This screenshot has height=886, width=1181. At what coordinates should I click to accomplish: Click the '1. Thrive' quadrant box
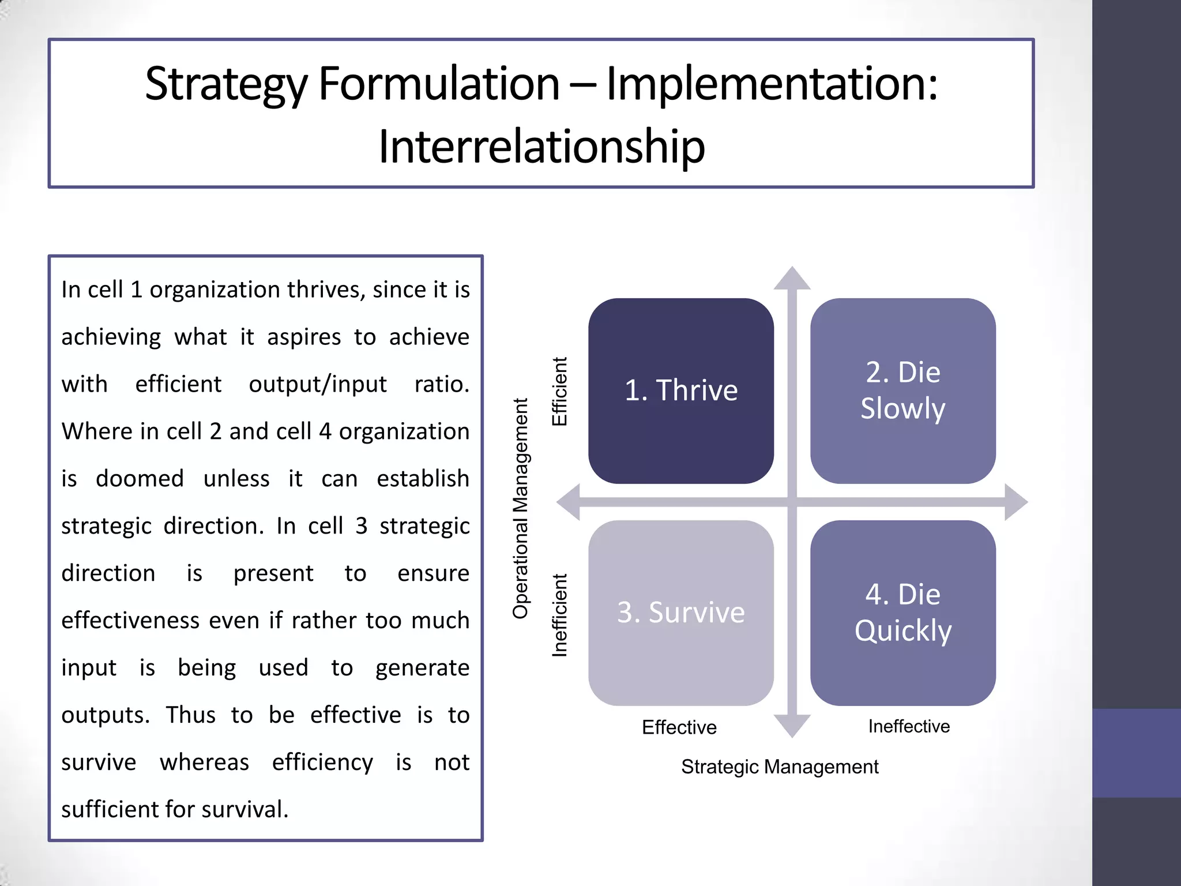(x=680, y=391)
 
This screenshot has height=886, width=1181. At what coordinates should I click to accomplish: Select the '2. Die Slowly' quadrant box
(x=902, y=391)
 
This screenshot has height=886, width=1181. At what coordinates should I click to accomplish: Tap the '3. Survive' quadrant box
(x=680, y=613)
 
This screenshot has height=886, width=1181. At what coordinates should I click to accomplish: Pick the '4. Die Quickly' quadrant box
(x=902, y=613)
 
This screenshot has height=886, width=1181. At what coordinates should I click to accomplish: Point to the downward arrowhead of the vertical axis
(x=792, y=725)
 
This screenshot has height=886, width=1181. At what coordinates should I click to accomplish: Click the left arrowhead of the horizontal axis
(x=569, y=502)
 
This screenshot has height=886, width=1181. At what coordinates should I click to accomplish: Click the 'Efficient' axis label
(x=559, y=391)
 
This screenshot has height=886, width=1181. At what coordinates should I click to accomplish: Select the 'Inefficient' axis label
(x=559, y=615)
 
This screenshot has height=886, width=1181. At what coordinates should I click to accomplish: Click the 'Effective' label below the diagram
(x=679, y=727)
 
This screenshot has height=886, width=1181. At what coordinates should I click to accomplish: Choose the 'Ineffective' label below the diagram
(x=909, y=726)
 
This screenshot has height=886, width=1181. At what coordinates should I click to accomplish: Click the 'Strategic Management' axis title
(x=780, y=767)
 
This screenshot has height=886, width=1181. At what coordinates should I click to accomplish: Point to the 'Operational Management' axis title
(x=520, y=508)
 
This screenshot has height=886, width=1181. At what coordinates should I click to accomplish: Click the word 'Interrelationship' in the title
(x=541, y=147)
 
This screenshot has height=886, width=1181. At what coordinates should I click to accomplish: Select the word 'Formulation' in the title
(x=439, y=84)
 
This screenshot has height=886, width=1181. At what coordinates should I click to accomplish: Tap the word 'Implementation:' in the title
(x=772, y=84)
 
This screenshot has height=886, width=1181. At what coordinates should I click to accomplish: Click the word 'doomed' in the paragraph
(x=140, y=479)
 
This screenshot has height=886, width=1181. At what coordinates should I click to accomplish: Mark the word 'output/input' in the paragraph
(x=318, y=384)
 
